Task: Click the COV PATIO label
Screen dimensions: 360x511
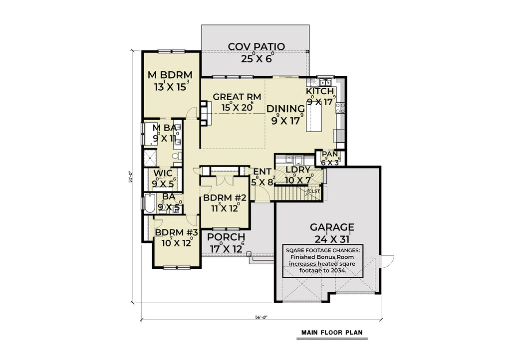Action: point(256,47)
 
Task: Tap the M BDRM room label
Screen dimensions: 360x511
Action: point(171,75)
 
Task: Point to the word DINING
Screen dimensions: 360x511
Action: point(285,109)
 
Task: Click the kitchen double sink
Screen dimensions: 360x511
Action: point(326,82)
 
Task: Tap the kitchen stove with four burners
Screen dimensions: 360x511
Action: point(341,107)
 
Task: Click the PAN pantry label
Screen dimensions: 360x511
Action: point(330,154)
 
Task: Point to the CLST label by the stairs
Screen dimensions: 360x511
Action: point(314,190)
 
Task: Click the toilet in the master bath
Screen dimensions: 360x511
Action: point(176,156)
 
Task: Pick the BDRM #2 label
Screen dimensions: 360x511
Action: point(223,198)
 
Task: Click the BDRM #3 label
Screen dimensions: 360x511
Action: point(176,233)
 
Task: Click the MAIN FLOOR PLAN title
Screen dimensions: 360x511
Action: point(331,332)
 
